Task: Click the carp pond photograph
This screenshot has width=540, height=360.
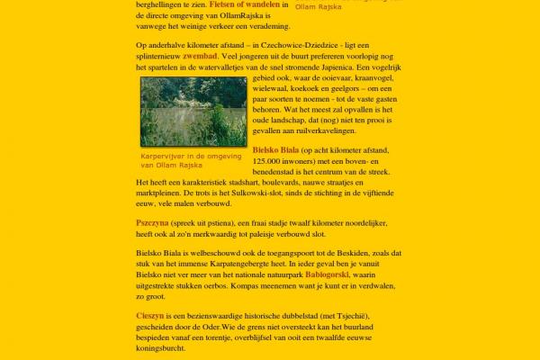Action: coord(193,111)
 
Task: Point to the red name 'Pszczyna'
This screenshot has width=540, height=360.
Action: coord(151,221)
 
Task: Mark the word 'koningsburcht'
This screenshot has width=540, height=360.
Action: coord(162,355)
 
